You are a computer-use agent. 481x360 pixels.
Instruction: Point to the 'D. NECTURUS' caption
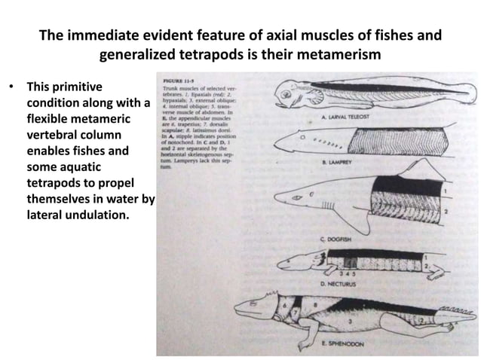337,286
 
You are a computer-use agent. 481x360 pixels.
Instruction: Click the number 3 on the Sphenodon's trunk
349,319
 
